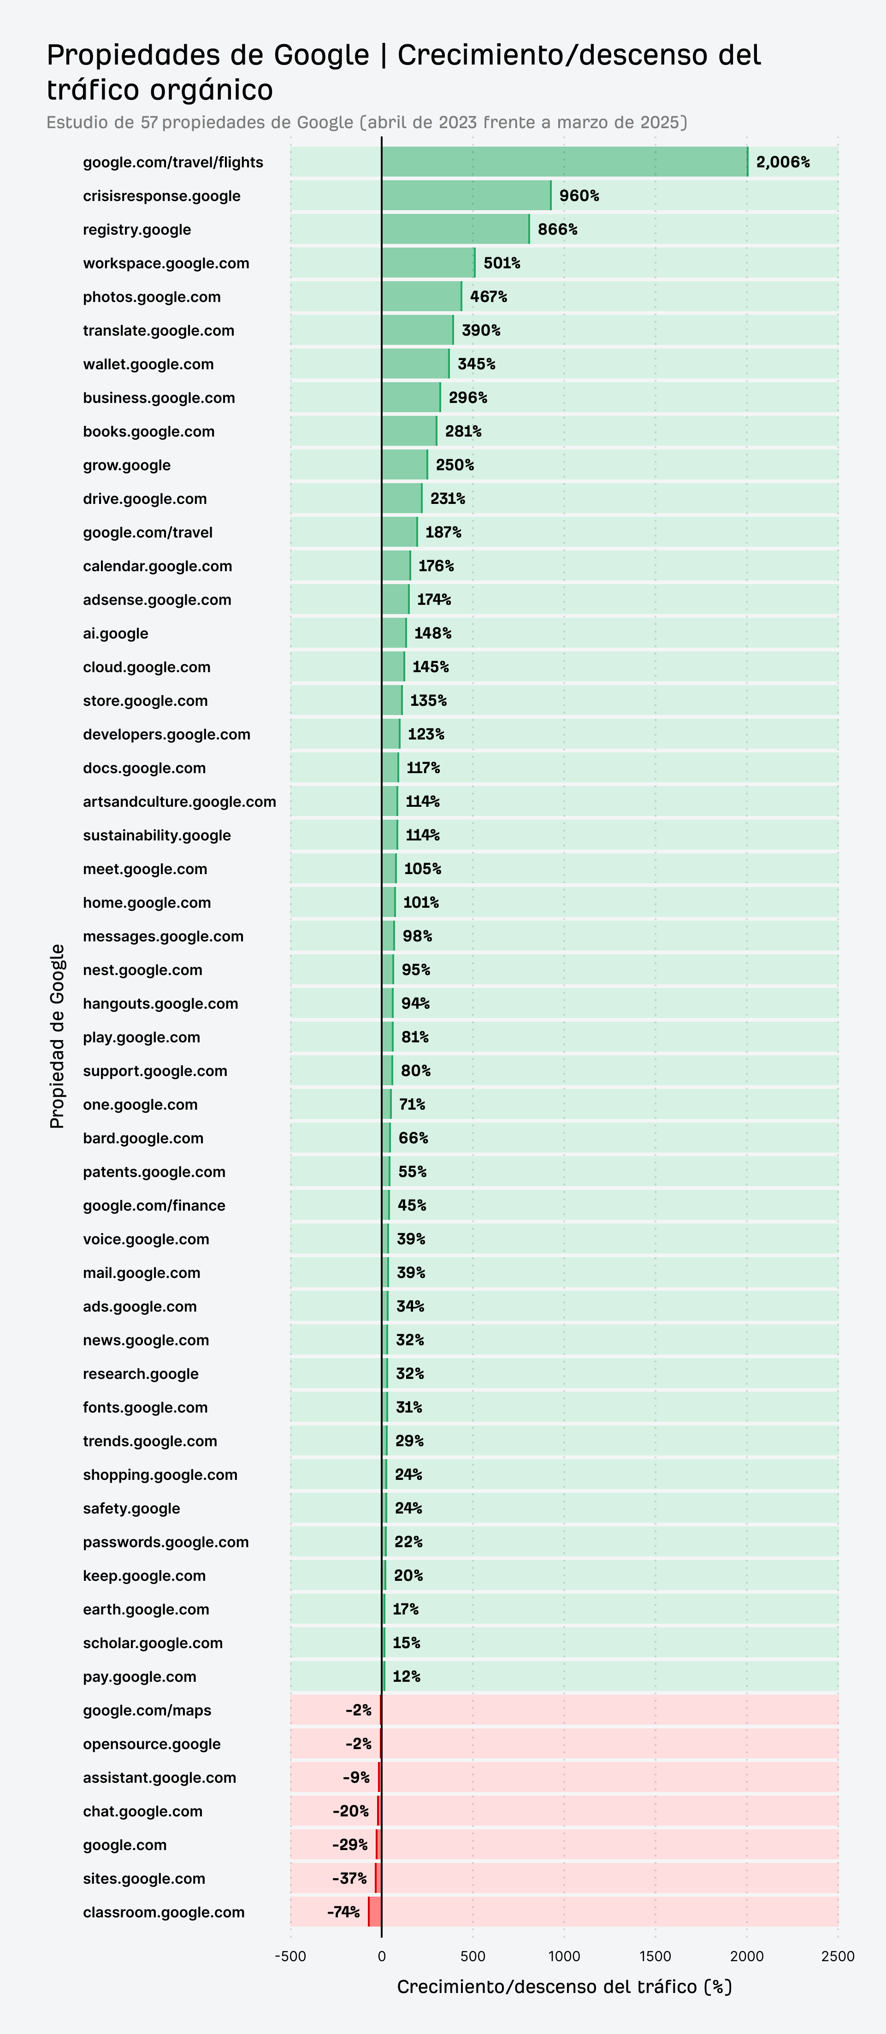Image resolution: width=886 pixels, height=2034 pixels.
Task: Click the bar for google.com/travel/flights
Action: click(565, 162)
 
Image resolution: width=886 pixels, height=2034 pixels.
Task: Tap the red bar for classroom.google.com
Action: click(375, 1912)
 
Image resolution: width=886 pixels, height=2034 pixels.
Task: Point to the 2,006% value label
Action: click(783, 162)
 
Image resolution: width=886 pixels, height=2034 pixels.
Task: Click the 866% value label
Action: click(557, 229)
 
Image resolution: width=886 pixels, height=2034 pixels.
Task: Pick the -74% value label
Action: click(343, 1912)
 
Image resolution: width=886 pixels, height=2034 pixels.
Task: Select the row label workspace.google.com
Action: click(166, 263)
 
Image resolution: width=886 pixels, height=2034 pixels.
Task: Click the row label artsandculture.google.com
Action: click(179, 801)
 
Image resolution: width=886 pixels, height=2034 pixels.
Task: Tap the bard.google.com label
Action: click(143, 1138)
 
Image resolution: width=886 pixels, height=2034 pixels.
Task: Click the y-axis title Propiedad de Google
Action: click(57, 1036)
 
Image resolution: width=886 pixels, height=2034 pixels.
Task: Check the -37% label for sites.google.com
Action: click(349, 1879)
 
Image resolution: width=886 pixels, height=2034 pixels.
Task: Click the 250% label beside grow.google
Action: click(455, 464)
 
